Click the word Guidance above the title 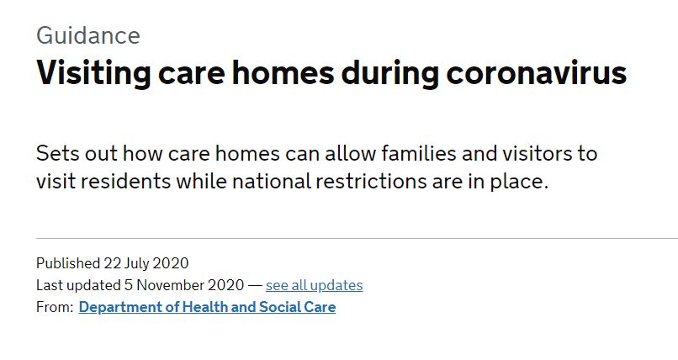click(88, 35)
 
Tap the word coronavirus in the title click(536, 72)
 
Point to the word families click(419, 153)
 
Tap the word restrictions click(372, 181)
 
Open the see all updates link click(315, 285)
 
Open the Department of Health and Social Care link click(207, 307)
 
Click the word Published click(68, 262)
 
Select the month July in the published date click(136, 263)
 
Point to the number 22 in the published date click(113, 263)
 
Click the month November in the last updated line click(171, 285)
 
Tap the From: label click(55, 307)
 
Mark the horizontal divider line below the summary click(358, 238)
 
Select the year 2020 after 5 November click(226, 285)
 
